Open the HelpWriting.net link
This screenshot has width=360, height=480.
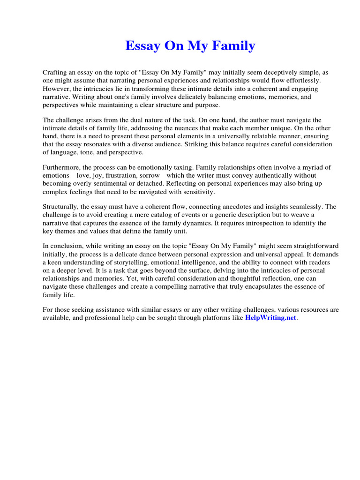click(271, 318)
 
